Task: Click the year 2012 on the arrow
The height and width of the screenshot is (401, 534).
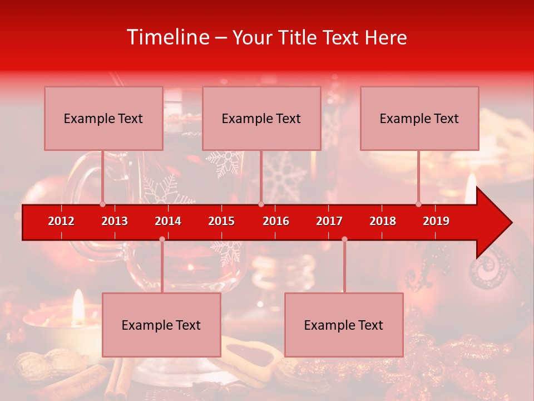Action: point(61,221)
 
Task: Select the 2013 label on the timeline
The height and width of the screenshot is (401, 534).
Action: point(115,221)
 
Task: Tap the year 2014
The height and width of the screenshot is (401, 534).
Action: point(168,221)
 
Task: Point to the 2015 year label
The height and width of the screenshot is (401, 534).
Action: point(221,221)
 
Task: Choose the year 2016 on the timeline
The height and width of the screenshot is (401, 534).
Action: point(276,221)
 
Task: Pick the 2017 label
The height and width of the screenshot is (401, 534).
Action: point(329,221)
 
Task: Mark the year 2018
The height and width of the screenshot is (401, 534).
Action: point(383,221)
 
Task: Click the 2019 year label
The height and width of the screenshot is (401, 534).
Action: point(436,221)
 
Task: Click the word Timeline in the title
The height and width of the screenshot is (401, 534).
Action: point(167,37)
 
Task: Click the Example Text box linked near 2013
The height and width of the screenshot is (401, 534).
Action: point(103,118)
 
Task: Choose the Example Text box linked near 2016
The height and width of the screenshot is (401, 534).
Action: point(261,118)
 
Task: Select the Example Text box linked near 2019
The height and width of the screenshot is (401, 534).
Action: point(419,118)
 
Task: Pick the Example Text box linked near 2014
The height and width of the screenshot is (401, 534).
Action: point(161,325)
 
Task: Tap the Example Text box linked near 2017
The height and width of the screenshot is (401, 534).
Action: point(344,325)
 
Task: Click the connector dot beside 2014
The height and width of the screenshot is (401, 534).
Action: point(162,239)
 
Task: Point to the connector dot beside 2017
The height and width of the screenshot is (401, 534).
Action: point(344,239)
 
